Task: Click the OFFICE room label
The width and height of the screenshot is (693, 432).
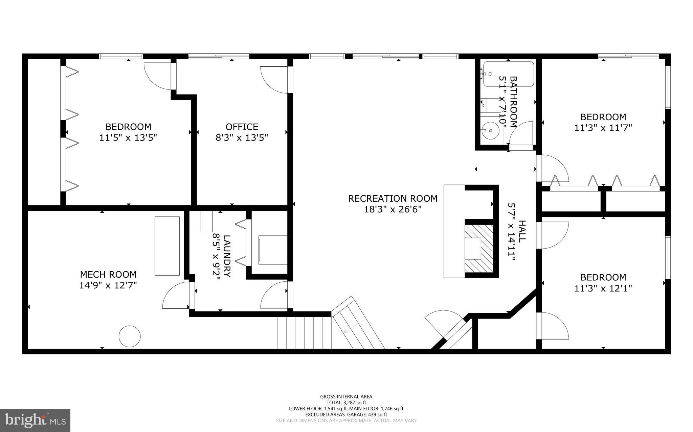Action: (242, 127)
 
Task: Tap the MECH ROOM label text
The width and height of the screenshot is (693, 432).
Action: (108, 274)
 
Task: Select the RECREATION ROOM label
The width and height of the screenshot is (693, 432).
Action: (393, 198)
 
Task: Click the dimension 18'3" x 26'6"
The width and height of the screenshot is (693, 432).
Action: (393, 209)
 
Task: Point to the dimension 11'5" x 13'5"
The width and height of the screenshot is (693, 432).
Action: (128, 137)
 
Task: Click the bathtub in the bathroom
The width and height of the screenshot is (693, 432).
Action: (508, 74)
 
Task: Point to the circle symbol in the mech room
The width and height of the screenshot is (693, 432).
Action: (130, 336)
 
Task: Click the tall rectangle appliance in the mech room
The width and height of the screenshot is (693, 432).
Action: (167, 246)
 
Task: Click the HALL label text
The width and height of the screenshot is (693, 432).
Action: (522, 231)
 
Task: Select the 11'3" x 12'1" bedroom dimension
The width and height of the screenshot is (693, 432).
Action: (603, 288)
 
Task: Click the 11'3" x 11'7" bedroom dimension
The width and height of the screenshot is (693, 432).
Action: (603, 128)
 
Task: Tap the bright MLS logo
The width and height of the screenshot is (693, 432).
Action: (35, 420)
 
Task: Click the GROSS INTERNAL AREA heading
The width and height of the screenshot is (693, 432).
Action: (346, 397)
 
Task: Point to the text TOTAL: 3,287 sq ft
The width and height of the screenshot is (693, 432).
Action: (346, 403)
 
